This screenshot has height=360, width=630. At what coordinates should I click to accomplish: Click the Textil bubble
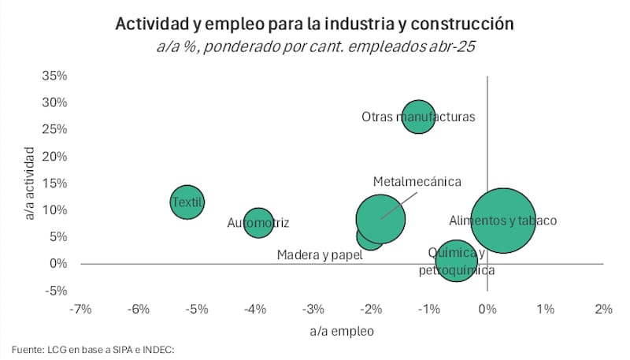click(x=187, y=202)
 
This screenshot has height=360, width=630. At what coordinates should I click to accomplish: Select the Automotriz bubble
click(x=258, y=223)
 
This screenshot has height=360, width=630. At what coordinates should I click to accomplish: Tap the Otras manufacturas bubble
click(x=419, y=117)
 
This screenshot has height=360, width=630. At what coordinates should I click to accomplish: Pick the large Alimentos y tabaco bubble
click(x=502, y=221)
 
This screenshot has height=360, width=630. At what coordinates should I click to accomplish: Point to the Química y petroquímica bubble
click(x=456, y=261)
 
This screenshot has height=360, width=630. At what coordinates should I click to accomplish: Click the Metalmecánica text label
click(x=417, y=181)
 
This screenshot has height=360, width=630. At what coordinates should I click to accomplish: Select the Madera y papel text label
click(x=319, y=254)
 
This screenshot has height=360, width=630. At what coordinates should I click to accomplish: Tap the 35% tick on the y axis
click(x=56, y=76)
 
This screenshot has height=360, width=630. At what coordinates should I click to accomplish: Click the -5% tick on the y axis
click(x=56, y=290)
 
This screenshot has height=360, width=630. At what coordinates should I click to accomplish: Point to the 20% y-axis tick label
click(x=56, y=156)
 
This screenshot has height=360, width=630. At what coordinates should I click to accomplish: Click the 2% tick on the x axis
click(x=603, y=308)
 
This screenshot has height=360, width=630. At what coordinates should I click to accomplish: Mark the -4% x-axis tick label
click(x=255, y=308)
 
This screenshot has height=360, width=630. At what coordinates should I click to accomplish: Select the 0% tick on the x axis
click(x=488, y=308)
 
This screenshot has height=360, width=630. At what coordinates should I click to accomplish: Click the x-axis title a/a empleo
click(x=342, y=331)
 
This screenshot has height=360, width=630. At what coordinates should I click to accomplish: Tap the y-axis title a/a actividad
click(x=30, y=183)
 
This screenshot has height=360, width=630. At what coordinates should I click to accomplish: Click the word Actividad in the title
click(x=148, y=24)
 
